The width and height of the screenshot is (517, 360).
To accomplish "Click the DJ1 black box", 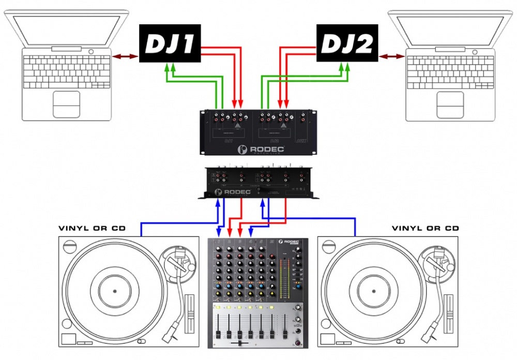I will (170, 44).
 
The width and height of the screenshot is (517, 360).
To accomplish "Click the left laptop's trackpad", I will (66, 103).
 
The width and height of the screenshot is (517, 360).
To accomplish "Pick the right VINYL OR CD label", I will (425, 228).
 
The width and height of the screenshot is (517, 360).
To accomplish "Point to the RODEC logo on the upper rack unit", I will (257, 149).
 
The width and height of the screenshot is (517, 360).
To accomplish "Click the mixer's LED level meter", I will (282, 279).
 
